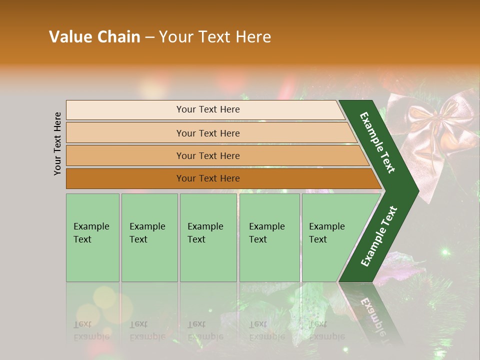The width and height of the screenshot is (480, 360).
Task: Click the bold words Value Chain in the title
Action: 94,37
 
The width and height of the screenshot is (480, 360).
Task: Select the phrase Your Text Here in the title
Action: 215,37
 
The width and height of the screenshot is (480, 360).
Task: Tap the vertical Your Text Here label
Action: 57,143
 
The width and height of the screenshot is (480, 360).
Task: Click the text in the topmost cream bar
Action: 208,109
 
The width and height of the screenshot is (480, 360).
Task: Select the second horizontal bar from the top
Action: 208,133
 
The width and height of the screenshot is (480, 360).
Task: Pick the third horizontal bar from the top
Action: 208,155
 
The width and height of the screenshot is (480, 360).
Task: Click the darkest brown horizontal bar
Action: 208,178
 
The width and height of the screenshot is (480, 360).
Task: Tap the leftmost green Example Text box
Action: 92,237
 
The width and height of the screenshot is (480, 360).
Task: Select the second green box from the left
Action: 149,237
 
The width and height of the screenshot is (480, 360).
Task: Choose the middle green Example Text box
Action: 208,237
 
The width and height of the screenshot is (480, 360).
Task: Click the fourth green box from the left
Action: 269,237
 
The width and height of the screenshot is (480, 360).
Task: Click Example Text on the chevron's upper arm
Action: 377,142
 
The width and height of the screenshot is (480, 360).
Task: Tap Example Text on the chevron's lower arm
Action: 379,236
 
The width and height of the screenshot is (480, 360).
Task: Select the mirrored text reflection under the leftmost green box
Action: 91,330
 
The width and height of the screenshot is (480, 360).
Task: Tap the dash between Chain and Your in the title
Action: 149,37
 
